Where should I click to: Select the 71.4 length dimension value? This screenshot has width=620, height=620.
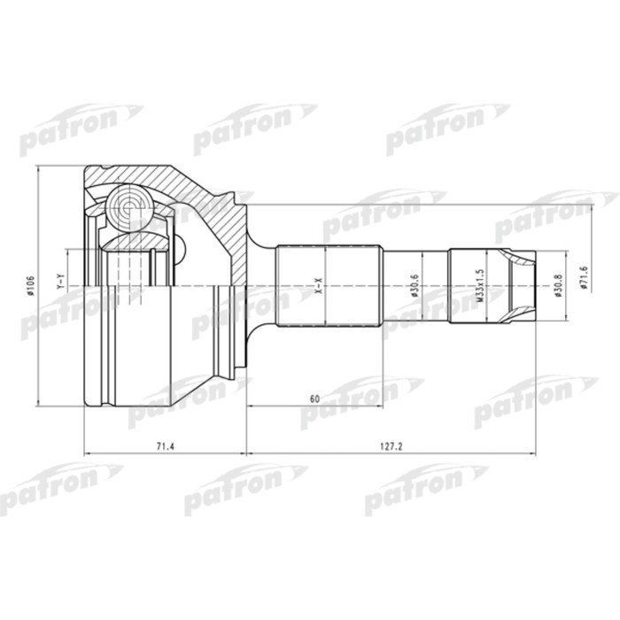(x=163, y=446)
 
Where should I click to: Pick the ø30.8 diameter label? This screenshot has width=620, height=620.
(x=557, y=288)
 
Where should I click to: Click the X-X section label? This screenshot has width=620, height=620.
(x=317, y=286)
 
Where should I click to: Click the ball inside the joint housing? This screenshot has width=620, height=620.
(x=130, y=208)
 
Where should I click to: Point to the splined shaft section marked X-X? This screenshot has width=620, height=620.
(x=329, y=285)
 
